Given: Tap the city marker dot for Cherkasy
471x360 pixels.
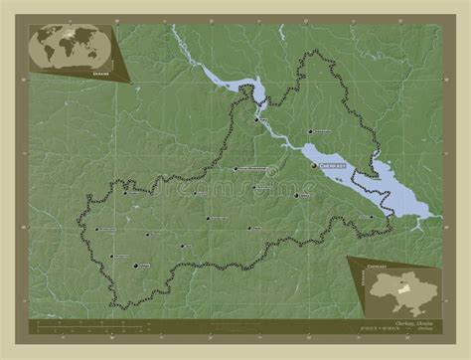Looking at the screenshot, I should [315, 166].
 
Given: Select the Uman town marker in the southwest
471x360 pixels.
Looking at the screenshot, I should [135, 266].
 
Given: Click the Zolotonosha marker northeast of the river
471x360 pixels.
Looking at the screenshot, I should [310, 131].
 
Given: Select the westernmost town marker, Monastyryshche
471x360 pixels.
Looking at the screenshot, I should [96, 230].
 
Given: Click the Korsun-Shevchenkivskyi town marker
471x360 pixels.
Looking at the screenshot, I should [234, 170].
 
